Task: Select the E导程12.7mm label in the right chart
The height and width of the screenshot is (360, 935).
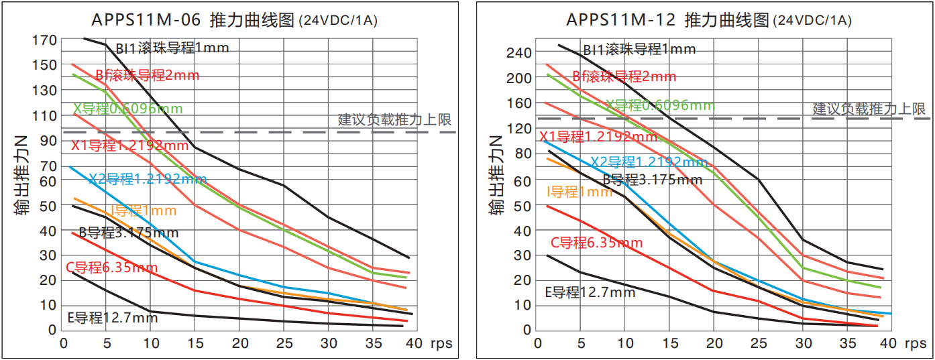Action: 590,292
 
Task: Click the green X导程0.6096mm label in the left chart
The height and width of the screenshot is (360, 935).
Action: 127,109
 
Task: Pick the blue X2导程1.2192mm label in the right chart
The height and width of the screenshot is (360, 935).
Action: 649,162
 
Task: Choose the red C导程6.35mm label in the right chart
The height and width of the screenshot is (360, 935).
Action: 596,243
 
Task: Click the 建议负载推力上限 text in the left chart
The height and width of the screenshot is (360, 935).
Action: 394,120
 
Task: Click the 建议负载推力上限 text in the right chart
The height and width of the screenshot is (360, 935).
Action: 869,109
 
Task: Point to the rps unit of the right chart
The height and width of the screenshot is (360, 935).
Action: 915,343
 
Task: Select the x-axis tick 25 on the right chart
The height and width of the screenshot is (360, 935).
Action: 758,343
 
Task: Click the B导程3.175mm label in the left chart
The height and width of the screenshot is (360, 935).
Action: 129,233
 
